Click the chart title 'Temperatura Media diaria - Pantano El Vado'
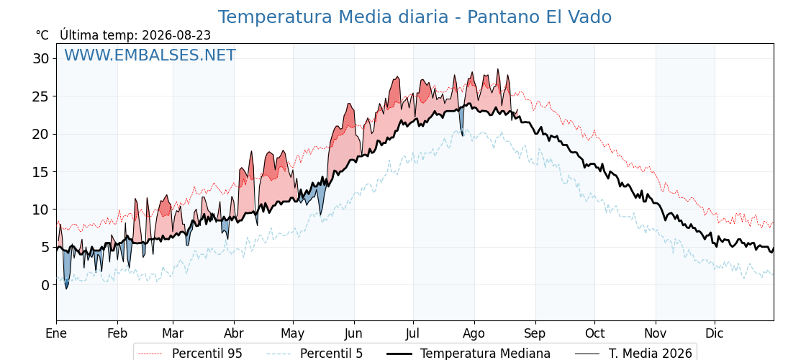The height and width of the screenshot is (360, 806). [415, 17]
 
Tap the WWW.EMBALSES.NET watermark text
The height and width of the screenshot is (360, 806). [150, 55]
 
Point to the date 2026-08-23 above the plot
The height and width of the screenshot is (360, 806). [176, 35]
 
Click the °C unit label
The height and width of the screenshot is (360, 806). [42, 35]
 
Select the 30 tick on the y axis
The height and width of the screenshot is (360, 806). [42, 58]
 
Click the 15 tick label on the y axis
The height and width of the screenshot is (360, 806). [42, 172]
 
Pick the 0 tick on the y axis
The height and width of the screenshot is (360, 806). [45, 285]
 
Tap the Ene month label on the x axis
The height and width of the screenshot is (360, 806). [57, 333]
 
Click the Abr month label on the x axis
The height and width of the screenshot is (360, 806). [234, 333]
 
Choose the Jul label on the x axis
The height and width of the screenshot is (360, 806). [413, 333]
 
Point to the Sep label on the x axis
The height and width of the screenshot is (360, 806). [535, 334]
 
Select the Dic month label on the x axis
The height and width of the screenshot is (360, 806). [715, 333]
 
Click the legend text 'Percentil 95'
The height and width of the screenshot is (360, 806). [207, 354]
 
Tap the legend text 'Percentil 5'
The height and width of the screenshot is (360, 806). [331, 354]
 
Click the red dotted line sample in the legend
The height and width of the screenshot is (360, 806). [150, 354]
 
